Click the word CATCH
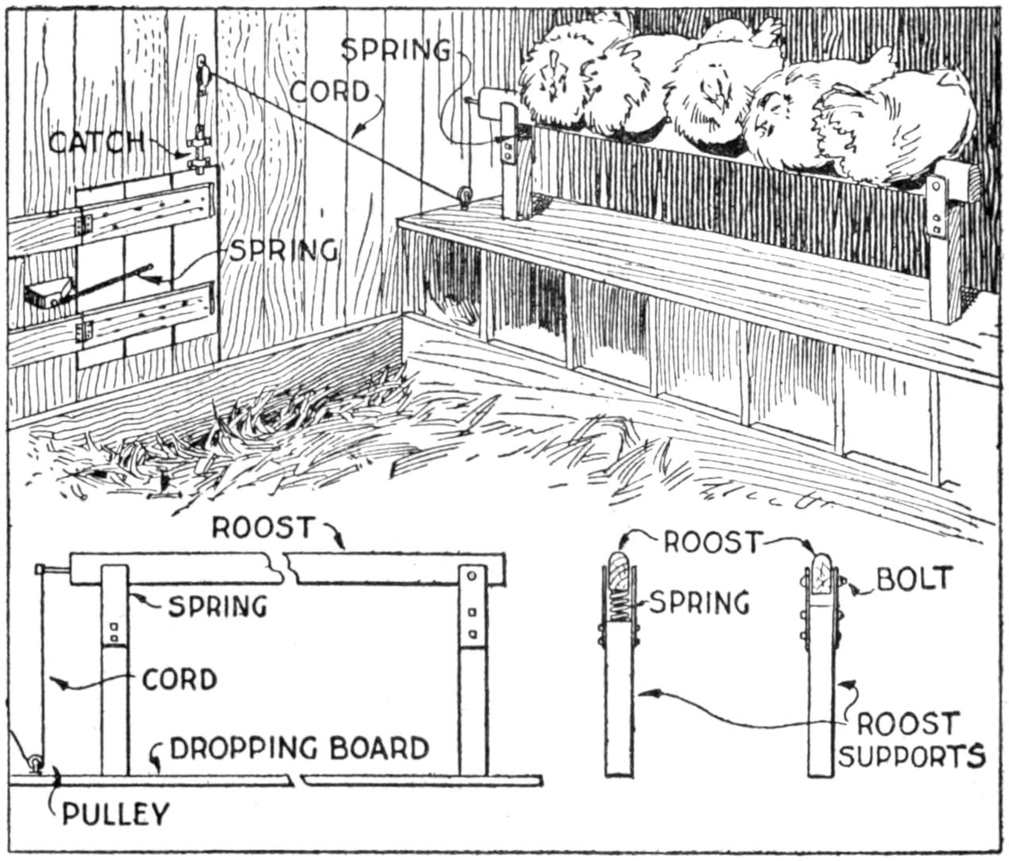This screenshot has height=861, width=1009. [95, 142]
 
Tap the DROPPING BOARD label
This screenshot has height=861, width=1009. [299, 748]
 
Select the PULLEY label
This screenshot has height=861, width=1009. [116, 813]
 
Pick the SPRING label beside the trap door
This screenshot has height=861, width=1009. [283, 250]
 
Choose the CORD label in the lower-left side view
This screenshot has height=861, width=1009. [179, 680]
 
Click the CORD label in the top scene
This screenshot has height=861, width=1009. [329, 91]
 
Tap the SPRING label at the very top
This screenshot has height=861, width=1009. [395, 50]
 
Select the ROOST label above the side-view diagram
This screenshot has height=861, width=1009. [264, 528]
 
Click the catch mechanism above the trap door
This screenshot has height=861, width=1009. [198, 151]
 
